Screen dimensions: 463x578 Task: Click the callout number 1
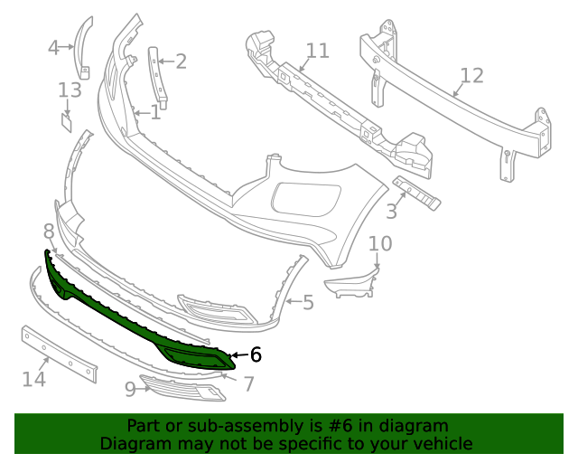point(155,113)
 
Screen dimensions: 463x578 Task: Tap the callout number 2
point(181,61)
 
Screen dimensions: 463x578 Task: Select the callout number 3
point(391,213)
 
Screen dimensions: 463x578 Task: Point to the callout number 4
point(53,48)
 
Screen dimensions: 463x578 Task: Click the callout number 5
point(308,302)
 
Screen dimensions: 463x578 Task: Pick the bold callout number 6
point(256,355)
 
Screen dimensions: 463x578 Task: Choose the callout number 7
point(248,384)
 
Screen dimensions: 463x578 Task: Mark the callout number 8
point(49,231)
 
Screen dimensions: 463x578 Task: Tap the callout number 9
point(130,389)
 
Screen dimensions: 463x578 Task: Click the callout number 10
point(380,244)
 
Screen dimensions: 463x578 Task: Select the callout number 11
point(317,51)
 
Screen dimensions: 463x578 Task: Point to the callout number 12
point(471,76)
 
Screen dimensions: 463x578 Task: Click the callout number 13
point(70,90)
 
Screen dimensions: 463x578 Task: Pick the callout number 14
point(33,379)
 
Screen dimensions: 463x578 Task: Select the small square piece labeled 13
point(67,120)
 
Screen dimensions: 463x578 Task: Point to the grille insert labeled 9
point(181,388)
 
